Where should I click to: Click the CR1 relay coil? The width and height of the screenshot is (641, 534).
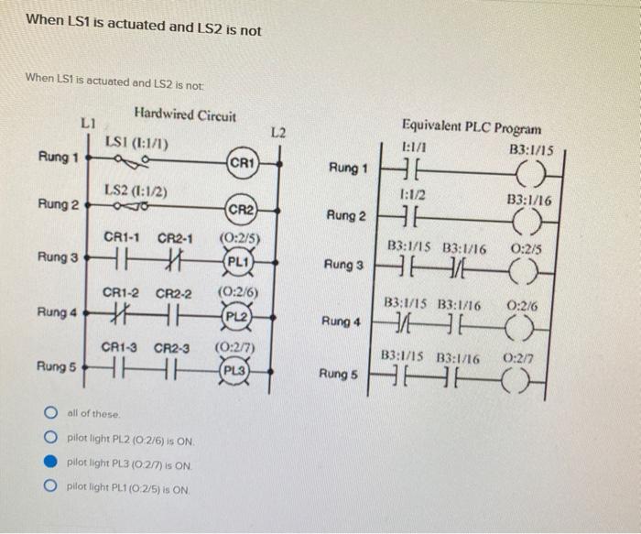tap(242, 163)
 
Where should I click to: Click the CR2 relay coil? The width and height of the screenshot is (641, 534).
tap(242, 209)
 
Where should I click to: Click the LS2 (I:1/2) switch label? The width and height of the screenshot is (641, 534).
tap(135, 190)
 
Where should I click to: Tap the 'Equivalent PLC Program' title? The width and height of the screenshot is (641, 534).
tap(471, 129)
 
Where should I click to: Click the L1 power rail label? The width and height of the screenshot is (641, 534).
tap(88, 121)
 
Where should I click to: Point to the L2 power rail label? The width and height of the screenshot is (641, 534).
tap(280, 134)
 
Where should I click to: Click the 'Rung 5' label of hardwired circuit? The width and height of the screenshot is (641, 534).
tap(56, 367)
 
